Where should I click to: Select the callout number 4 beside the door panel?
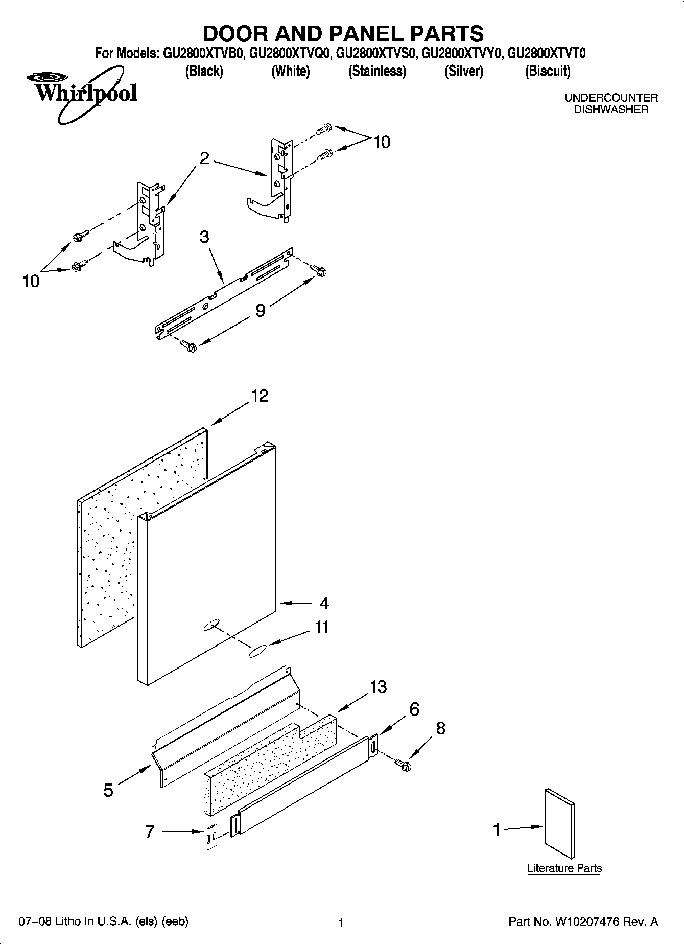[324, 603]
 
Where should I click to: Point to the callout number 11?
[321, 627]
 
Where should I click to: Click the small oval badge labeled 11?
[257, 651]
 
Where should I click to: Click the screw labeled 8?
[403, 764]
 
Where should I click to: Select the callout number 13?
[378, 687]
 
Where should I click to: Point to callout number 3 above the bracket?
[204, 237]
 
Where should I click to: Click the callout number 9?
[260, 310]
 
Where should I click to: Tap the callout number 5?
[108, 790]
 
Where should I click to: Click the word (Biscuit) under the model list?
[548, 71]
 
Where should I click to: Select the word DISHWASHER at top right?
[611, 109]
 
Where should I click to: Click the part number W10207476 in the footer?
[586, 922]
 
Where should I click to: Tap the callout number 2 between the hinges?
[204, 158]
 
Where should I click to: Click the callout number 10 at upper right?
[382, 142]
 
